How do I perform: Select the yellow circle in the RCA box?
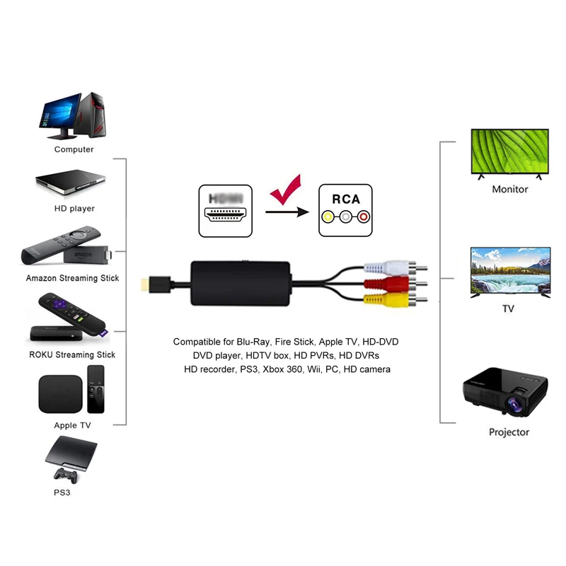click(x=328, y=218)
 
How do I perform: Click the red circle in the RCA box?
click(x=363, y=218)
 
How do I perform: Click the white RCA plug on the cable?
click(x=379, y=270)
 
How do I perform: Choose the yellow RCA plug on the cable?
click(x=379, y=301)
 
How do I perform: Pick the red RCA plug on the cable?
click(x=379, y=285)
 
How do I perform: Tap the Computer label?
click(x=74, y=149)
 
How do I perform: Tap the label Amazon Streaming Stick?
click(x=72, y=278)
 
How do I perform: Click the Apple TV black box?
click(x=59, y=394)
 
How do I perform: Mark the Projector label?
click(x=509, y=432)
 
